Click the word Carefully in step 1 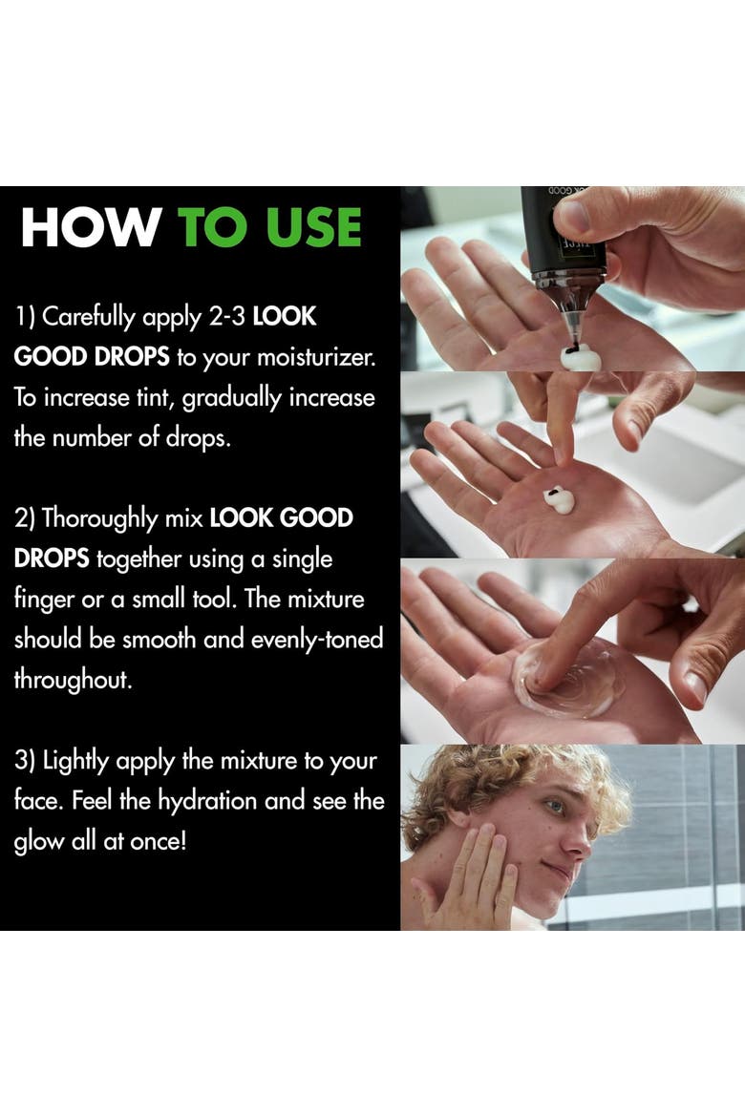89,317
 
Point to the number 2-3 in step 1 227,316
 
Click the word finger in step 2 44,600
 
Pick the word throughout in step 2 73,680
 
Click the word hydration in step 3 206,801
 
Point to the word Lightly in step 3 76,761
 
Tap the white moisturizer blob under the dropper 580,357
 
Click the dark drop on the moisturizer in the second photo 550,492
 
